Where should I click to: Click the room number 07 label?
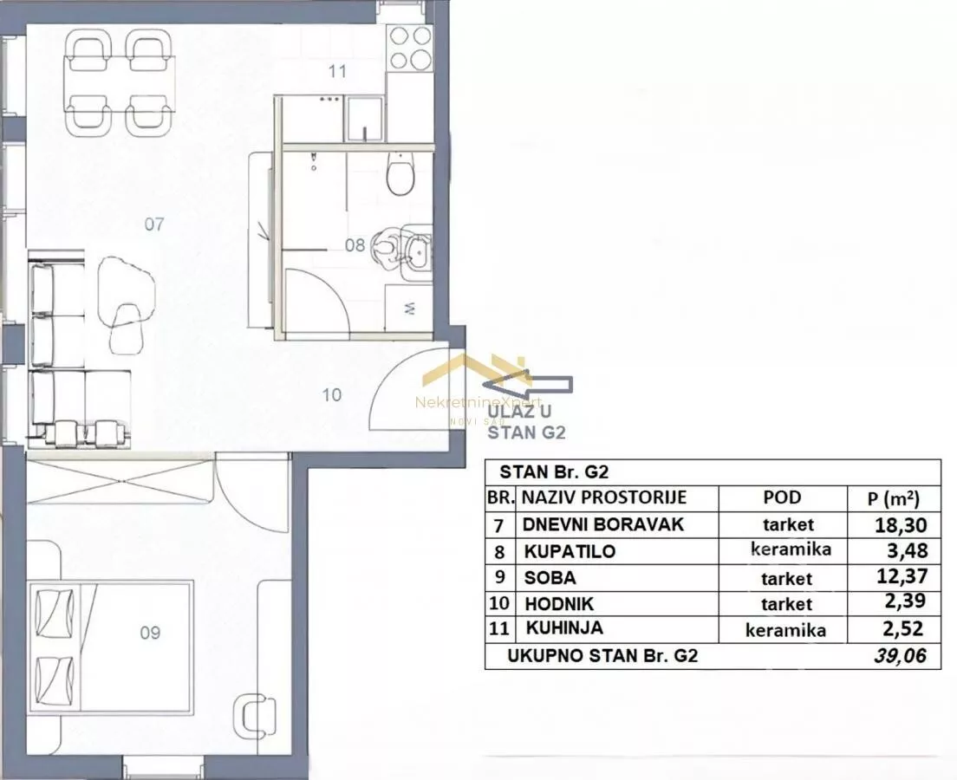pyautogui.click(x=153, y=224)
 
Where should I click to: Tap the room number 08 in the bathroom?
pyautogui.click(x=355, y=245)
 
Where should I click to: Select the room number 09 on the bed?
pyautogui.click(x=150, y=633)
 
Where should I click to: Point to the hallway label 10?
pyautogui.click(x=331, y=395)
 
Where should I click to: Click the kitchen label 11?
pyautogui.click(x=337, y=71)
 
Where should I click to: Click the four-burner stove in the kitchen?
pyautogui.click(x=410, y=49)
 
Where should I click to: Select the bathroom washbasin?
pyautogui.click(x=418, y=250)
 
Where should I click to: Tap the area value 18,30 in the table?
pyautogui.click(x=901, y=525)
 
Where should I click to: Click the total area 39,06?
pyautogui.click(x=900, y=656)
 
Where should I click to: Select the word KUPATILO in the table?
pyautogui.click(x=570, y=552)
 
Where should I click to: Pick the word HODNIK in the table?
pyautogui.click(x=559, y=604)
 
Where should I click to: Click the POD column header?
pyautogui.click(x=782, y=497)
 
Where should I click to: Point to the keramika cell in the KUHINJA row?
pyautogui.click(x=785, y=630)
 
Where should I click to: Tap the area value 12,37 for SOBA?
pyautogui.click(x=901, y=576)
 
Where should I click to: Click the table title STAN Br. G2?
pyautogui.click(x=554, y=472)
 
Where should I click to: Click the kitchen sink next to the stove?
pyautogui.click(x=364, y=119)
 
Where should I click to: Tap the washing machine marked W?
pyautogui.click(x=409, y=309)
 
